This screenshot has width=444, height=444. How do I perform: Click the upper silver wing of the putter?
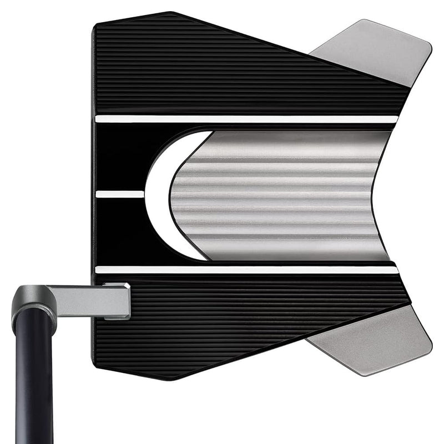pos(377,53)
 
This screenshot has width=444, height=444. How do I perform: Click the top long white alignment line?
pos(244,119)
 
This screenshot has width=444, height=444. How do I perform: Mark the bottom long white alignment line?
pos(244,270)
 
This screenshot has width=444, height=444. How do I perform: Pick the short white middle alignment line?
pos(119,194)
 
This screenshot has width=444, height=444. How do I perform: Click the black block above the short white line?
pos(119,158)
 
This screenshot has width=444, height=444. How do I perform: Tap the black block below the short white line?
pos(119,230)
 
